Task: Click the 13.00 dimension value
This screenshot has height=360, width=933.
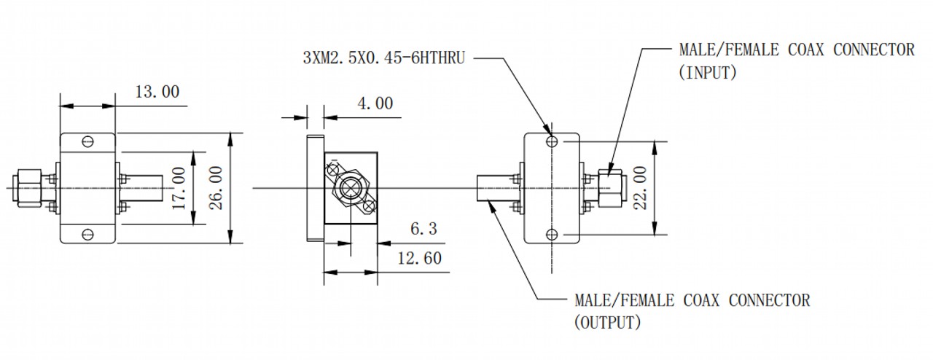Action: coord(157,92)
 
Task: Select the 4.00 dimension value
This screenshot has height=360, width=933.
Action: coord(375,103)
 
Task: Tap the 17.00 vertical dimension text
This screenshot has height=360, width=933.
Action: coord(179,188)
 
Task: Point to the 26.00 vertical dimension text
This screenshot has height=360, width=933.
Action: coord(215,188)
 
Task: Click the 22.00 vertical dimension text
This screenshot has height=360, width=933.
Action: coord(640,188)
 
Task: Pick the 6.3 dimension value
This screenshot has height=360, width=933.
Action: coord(423,228)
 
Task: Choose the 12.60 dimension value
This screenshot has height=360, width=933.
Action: coord(419,258)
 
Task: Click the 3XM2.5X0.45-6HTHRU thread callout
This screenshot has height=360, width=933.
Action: coord(383,58)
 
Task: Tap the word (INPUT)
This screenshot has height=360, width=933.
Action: coord(708,73)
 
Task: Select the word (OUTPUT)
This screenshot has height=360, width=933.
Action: coord(608,323)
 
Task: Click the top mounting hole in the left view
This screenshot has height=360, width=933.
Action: coord(87,141)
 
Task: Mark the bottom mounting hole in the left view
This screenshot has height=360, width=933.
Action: coord(87,235)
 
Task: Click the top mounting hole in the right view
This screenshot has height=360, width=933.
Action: coord(552,141)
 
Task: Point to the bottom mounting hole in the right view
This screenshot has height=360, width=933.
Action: coord(552,235)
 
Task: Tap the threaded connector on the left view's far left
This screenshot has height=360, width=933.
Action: coord(28,188)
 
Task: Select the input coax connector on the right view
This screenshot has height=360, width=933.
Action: coord(612,188)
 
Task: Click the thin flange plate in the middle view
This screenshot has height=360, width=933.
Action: coord(316,188)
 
